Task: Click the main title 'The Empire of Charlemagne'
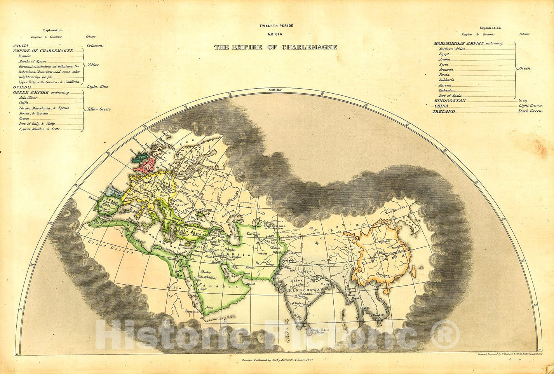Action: (x=276, y=47)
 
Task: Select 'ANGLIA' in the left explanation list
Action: (x=20, y=46)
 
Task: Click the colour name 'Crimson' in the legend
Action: (x=95, y=46)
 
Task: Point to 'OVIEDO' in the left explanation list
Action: (x=21, y=87)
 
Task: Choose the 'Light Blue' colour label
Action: (x=98, y=87)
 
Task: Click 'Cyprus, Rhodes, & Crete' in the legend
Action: (x=39, y=129)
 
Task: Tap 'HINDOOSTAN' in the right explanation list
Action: (x=449, y=101)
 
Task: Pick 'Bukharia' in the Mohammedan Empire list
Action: (x=446, y=80)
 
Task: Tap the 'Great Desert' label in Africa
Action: (x=103, y=246)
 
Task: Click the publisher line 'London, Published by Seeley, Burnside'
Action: (x=277, y=360)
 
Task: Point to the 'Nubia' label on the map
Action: (x=172, y=288)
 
